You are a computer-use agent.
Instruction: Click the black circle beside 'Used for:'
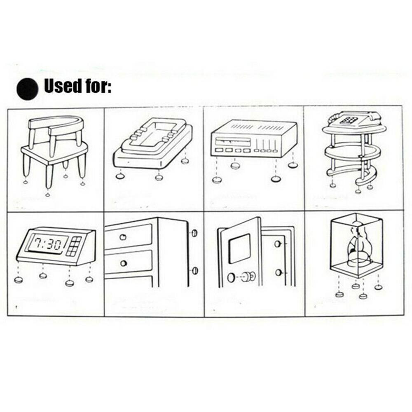(27, 88)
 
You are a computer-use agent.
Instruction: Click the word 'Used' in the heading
(63, 87)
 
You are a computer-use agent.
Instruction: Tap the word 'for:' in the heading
(98, 87)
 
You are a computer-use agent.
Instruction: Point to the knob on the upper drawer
(123, 237)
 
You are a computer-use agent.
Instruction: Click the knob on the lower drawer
(123, 263)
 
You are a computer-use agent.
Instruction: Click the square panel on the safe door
(239, 248)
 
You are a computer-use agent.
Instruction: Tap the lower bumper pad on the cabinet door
(195, 271)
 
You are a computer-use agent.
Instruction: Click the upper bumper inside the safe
(279, 244)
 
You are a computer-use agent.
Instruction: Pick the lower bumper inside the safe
(279, 272)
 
